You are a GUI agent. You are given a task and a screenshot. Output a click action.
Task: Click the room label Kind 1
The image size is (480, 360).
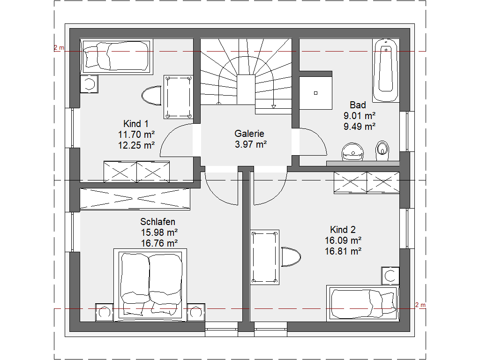(136, 124)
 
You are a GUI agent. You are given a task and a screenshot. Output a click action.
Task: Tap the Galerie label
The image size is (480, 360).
(249, 134)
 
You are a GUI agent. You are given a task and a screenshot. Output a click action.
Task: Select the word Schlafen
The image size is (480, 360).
(157, 222)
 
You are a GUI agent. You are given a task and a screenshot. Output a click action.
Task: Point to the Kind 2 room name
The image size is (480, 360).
(343, 230)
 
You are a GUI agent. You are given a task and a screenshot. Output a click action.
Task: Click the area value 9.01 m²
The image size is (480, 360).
(360, 116)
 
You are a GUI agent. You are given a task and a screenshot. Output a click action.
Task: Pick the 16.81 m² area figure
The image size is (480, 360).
(343, 251)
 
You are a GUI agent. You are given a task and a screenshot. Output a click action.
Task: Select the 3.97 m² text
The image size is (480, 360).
(251, 144)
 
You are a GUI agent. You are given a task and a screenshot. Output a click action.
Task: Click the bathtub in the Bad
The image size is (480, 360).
(386, 70)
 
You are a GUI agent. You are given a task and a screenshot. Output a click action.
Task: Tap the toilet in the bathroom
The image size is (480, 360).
(382, 150)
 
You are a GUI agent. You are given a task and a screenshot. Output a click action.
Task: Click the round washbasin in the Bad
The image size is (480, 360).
(352, 152)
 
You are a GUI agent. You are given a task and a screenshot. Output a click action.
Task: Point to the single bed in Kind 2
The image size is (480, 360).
(363, 303)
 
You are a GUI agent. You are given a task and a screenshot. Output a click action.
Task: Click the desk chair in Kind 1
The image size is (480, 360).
(151, 96)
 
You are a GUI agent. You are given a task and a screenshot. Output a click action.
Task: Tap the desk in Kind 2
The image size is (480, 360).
(264, 257)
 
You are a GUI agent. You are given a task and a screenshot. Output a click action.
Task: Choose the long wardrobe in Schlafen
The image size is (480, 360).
(135, 199)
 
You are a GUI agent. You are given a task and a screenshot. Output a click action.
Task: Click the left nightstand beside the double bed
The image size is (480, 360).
(105, 312)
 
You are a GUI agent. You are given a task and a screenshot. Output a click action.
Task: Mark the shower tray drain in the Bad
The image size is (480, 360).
(315, 93)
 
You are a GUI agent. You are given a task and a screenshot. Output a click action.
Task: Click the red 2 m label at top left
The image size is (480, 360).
(59, 47)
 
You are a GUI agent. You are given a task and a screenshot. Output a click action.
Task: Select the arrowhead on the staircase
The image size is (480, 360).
(274, 107)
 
